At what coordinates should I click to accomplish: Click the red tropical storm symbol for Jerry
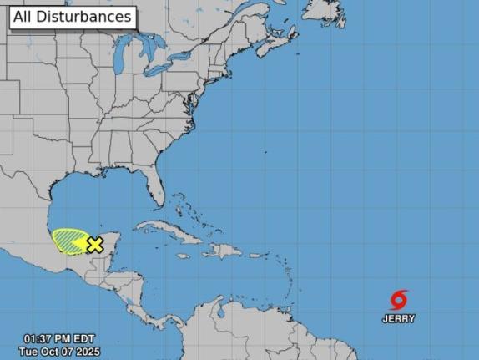(x=400, y=300)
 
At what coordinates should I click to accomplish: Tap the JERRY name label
(x=399, y=319)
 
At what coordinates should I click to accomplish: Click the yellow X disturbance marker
(x=95, y=245)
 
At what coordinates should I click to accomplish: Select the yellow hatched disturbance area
(x=67, y=240)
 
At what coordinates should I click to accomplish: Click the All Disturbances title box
(x=73, y=17)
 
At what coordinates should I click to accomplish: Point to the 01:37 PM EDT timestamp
(x=61, y=339)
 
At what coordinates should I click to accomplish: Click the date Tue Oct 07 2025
(x=59, y=352)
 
